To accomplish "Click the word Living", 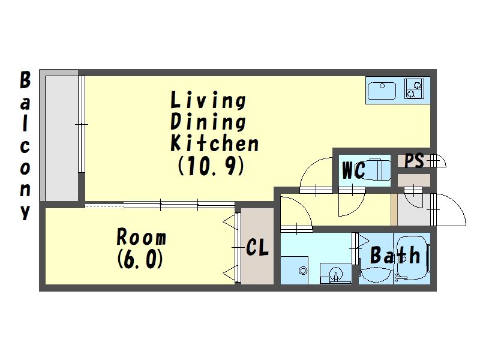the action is pyautogui.click(x=208, y=100).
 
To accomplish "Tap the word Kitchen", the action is pyautogui.click(x=214, y=143).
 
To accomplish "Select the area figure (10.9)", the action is pyautogui.click(x=211, y=166).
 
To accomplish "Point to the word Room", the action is pyautogui.click(x=142, y=236).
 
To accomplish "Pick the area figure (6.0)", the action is pyautogui.click(x=140, y=259).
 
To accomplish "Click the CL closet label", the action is pyautogui.click(x=257, y=247).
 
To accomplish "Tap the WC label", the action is pyautogui.click(x=353, y=170).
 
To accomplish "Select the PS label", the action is pyautogui.click(x=414, y=160).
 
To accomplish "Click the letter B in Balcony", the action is pyautogui.click(x=25, y=80).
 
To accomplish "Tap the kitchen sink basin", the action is pyautogui.click(x=382, y=91).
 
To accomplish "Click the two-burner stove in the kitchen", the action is pyautogui.click(x=415, y=88).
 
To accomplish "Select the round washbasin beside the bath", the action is pyautogui.click(x=336, y=274).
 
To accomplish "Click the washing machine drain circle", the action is pyautogui.click(x=303, y=271).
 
